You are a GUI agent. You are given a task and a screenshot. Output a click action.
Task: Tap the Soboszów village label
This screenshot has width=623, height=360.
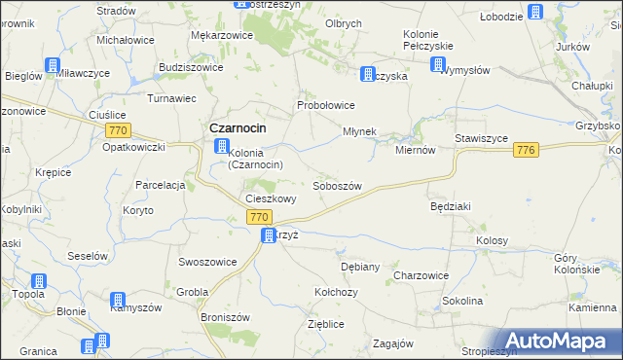point(338,186)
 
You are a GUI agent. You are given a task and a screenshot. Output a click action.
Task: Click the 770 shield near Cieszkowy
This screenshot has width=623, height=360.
point(258,217)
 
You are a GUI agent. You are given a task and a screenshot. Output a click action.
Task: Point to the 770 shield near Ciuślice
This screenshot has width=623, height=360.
point(119,130)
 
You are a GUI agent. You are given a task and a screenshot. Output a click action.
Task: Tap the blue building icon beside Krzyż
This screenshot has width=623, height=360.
point(268,235)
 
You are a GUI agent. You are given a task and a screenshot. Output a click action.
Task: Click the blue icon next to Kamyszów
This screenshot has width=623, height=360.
point(118,300)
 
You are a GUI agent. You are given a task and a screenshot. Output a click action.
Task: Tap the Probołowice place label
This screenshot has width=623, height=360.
point(325,105)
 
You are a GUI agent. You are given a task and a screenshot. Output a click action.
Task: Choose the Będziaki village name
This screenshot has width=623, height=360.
point(451,207)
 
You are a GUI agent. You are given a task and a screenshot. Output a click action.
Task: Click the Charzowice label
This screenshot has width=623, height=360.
point(421,275)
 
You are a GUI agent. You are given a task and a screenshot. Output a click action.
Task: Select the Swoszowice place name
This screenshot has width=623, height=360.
point(205,262)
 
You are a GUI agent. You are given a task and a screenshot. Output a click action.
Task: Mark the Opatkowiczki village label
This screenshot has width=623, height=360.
point(133,147)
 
